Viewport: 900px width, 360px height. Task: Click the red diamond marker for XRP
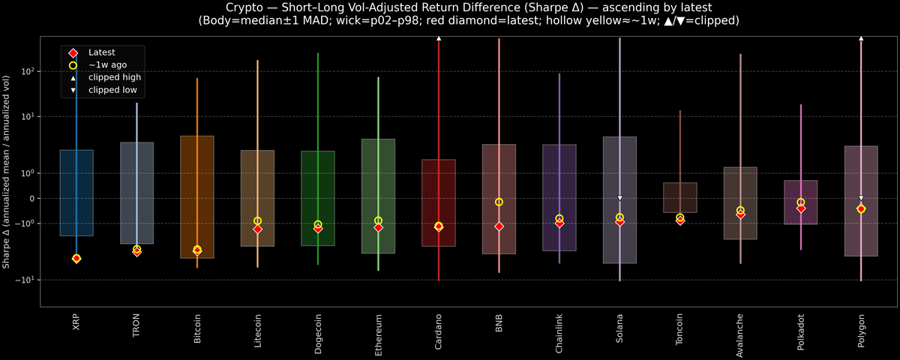[x=76, y=259]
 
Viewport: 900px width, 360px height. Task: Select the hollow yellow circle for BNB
[x=499, y=202]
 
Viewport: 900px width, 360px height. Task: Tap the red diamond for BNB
[x=499, y=226]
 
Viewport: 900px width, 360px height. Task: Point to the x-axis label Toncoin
[x=680, y=329]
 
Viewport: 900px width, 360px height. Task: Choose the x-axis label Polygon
[x=861, y=329]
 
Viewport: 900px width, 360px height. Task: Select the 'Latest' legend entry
[x=102, y=52]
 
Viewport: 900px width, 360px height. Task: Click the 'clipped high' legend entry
[x=115, y=77]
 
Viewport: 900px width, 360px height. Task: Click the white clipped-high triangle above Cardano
[x=439, y=37]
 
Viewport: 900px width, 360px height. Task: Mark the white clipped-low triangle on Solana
[x=619, y=198]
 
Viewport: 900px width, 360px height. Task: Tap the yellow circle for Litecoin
[x=257, y=221]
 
